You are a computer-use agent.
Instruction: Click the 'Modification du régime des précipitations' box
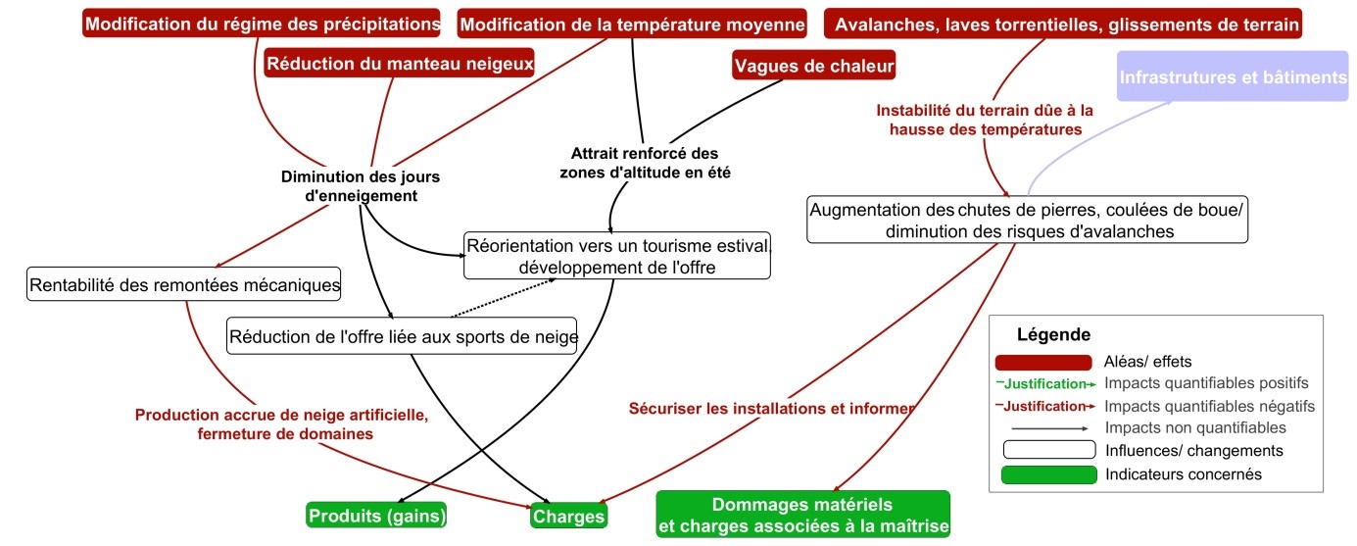coord(263,23)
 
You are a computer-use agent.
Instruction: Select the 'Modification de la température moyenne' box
coord(632,23)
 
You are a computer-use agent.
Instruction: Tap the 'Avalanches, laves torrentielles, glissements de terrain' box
coord(1063,23)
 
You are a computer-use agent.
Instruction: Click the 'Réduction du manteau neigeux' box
coord(400,64)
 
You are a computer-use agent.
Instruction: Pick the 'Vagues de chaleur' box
coord(814,66)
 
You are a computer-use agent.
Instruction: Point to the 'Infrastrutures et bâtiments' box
coord(1234,76)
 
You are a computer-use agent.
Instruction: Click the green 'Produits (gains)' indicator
coord(377,515)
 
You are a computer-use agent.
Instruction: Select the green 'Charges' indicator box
coord(568,515)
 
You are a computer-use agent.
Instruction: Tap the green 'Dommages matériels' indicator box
coord(802,516)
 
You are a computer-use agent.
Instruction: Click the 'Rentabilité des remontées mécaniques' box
coord(184,285)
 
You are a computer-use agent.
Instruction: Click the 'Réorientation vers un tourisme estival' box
coord(618,256)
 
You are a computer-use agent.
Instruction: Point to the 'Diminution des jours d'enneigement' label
coord(361,186)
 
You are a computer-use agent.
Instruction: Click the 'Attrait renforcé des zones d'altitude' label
coord(645,163)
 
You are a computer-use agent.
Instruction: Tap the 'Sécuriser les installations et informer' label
coord(771,407)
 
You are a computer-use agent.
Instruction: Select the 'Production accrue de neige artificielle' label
coord(281,423)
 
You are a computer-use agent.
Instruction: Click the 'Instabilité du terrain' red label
coord(984,120)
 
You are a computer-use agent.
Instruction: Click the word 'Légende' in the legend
coord(1053,334)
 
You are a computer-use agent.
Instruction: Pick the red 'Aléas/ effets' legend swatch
coord(1042,362)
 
